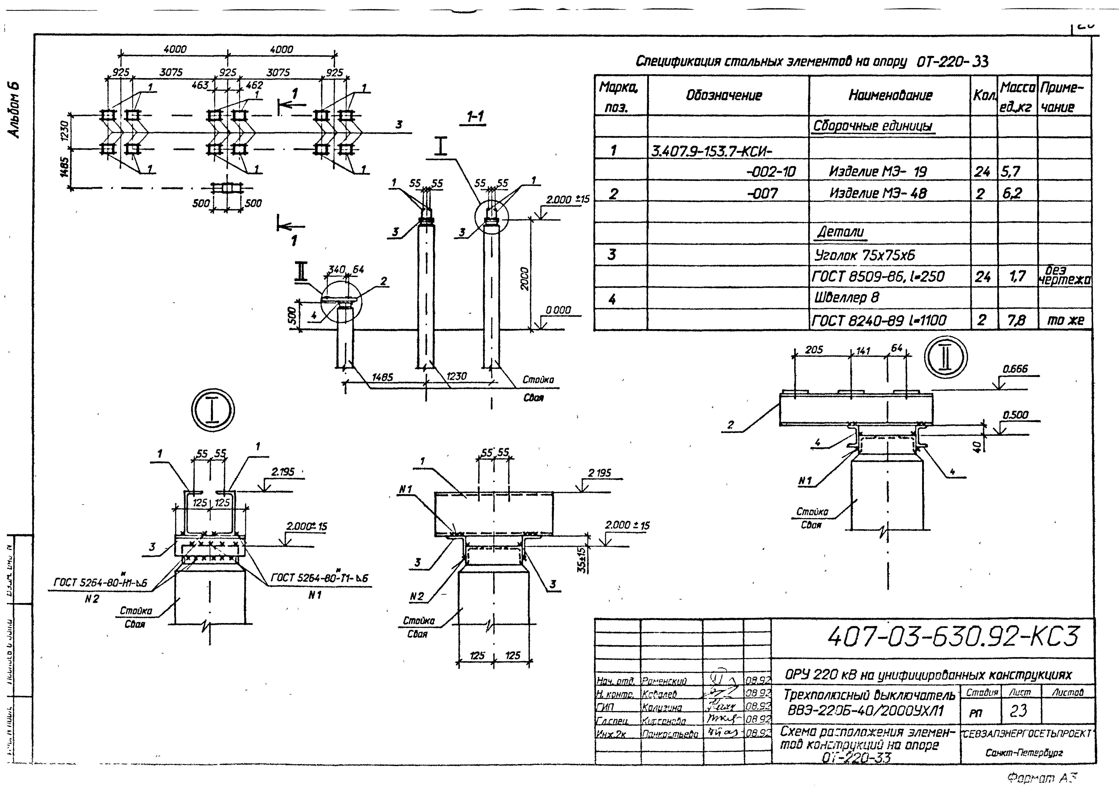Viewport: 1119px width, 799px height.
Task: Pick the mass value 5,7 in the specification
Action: [1011, 172]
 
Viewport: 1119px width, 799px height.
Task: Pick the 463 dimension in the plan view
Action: [200, 85]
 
